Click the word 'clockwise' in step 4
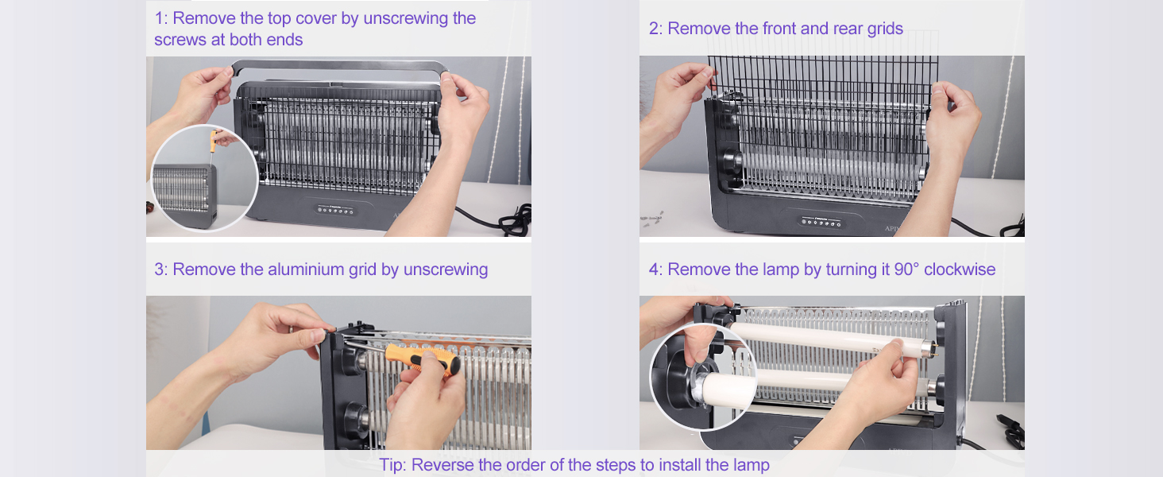point(960,270)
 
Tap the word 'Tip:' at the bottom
point(393,465)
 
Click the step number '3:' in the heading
point(161,270)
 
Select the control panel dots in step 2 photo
point(821,223)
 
